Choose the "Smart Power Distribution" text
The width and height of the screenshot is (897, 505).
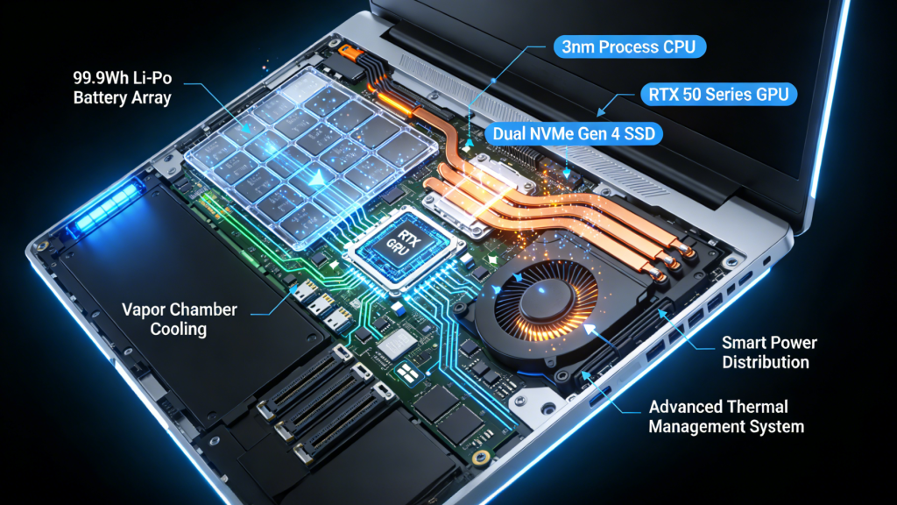tap(769, 352)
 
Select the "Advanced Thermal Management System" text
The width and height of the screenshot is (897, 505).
tap(726, 416)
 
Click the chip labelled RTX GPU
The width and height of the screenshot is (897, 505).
tap(402, 245)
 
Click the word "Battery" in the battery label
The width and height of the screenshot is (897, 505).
tap(98, 96)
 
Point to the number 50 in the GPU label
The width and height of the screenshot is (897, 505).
tap(694, 94)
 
